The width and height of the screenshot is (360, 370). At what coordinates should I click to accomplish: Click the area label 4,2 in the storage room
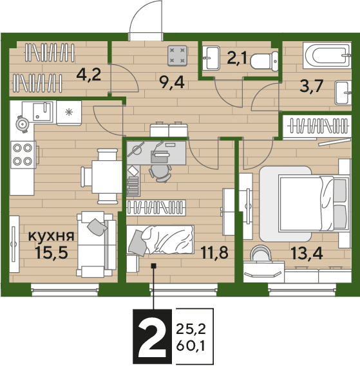click(89, 75)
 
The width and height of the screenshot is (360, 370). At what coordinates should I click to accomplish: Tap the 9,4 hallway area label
click(172, 82)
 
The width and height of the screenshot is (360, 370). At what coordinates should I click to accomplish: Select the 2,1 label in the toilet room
click(237, 58)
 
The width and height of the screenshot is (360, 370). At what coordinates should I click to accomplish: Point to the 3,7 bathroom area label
click(311, 86)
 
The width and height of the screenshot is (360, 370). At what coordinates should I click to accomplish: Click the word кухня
click(52, 236)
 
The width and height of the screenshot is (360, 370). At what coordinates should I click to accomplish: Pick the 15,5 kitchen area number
click(51, 252)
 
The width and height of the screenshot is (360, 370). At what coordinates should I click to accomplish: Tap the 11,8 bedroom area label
click(214, 252)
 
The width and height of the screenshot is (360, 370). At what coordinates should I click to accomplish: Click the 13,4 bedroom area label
click(307, 254)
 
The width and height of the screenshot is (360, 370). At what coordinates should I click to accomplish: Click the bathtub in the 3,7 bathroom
click(327, 55)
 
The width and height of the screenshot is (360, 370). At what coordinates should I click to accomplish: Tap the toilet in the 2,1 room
click(264, 61)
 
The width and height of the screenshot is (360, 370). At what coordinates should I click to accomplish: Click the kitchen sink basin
click(43, 111)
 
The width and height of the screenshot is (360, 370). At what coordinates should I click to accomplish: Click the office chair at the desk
click(160, 173)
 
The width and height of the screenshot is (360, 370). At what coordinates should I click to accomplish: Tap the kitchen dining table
click(107, 177)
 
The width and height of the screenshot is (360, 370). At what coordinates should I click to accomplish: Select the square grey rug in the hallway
click(177, 55)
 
